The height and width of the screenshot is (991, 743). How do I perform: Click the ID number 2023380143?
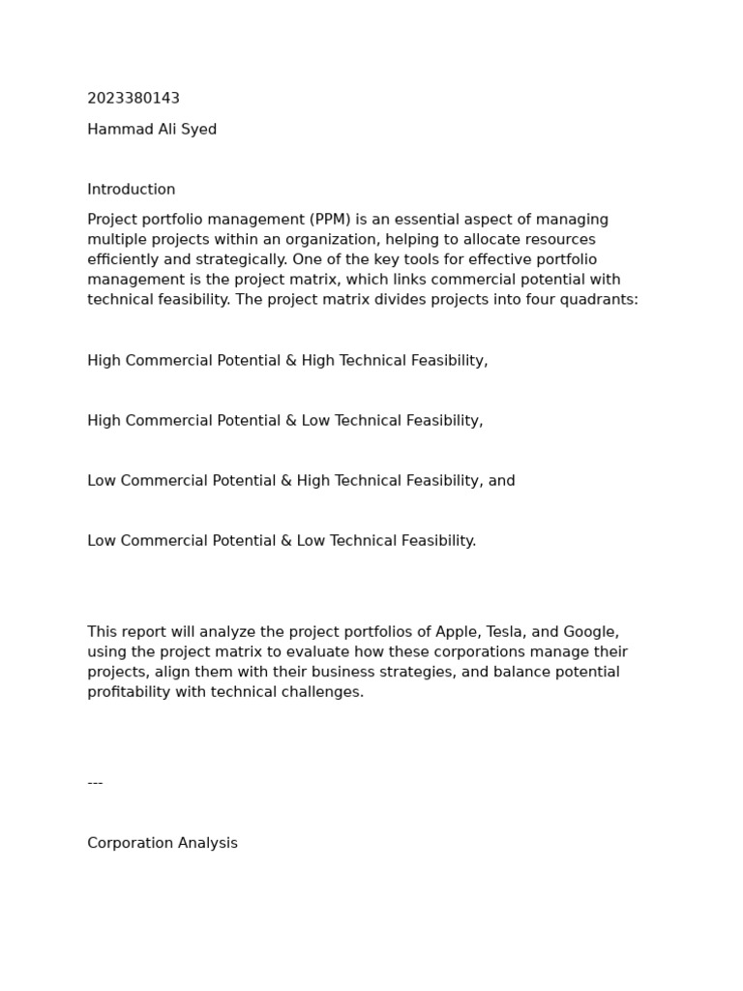(134, 99)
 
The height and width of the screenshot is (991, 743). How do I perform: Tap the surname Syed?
(198, 130)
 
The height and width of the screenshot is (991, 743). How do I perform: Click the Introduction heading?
(132, 190)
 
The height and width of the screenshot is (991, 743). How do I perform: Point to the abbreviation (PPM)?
(328, 220)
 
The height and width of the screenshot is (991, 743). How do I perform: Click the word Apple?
(457, 632)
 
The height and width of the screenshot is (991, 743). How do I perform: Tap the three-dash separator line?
(95, 782)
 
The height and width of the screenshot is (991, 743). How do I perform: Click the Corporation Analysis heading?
(163, 843)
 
